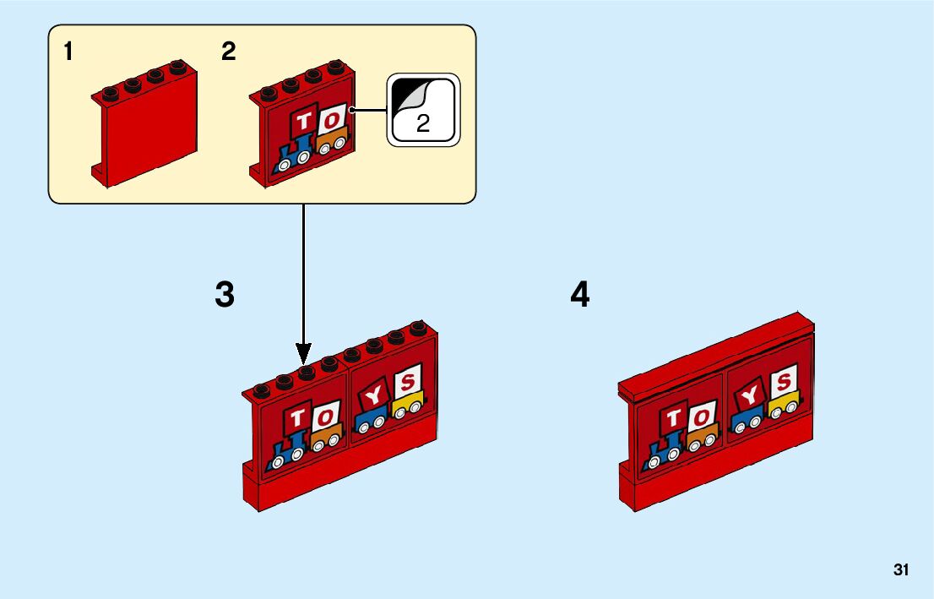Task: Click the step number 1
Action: tap(68, 52)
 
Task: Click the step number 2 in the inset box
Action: tap(228, 52)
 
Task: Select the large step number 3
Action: tap(225, 295)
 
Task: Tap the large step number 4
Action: tap(580, 295)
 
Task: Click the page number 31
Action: tap(901, 570)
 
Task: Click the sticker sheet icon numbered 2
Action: tap(422, 110)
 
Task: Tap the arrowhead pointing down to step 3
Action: tap(304, 353)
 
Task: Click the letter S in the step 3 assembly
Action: tap(408, 383)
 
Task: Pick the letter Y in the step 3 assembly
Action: tap(372, 394)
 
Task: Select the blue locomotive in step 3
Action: tap(285, 452)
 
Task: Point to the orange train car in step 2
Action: tap(333, 141)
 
